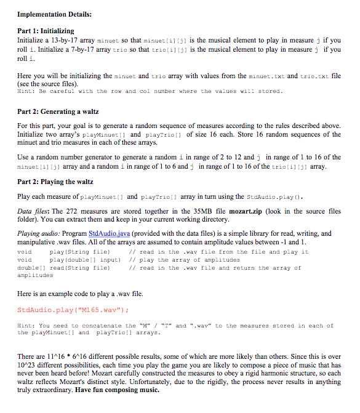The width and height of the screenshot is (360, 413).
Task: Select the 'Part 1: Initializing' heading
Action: pyautogui.click(x=46, y=31)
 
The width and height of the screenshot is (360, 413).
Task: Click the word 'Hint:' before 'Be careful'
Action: pyautogui.click(x=26, y=91)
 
